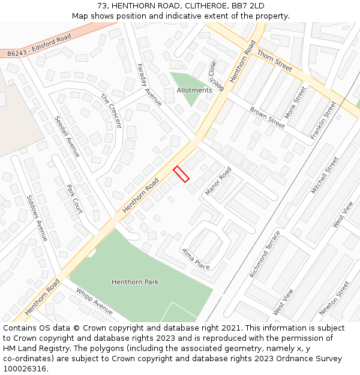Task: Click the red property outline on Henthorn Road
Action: click(181, 174)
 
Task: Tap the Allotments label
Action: click(194, 91)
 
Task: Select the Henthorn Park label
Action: click(135, 282)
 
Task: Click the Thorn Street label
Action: click(274, 61)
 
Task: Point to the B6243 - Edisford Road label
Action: click(39, 46)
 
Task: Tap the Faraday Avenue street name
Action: click(149, 85)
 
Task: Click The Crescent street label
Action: click(111, 111)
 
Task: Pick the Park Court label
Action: click(74, 199)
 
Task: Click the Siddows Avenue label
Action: click(37, 218)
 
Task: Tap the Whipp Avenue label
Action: click(94, 301)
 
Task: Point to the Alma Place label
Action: click(196, 259)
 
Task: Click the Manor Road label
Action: click(218, 181)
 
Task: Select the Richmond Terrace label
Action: click(265, 254)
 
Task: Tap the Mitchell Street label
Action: click(325, 175)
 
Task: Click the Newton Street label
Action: click(334, 298)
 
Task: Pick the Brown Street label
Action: click(267, 118)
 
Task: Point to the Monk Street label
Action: click(295, 102)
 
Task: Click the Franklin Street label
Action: click(323, 121)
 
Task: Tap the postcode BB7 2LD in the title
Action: click(247, 6)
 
